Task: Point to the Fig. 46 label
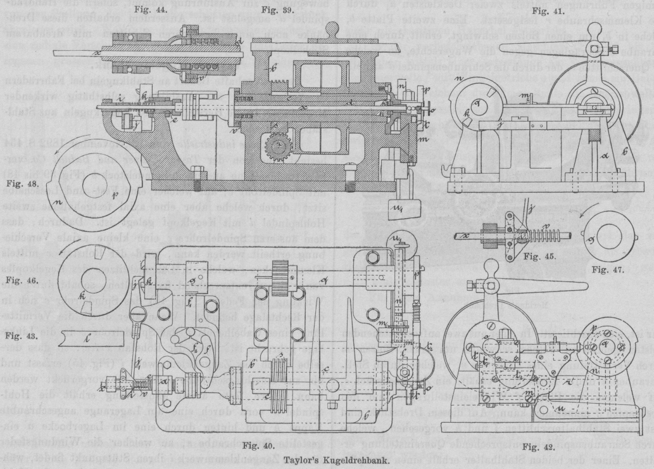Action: [19, 278]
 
